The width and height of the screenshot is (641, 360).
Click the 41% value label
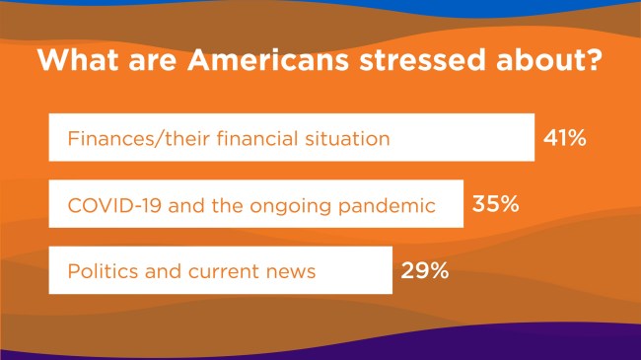[x=565, y=138]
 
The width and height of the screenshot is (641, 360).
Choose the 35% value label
[x=497, y=205]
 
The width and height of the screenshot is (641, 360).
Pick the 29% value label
[x=425, y=270]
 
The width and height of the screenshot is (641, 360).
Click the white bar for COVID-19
[x=256, y=205]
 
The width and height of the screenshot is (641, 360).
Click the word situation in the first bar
[x=349, y=138]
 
